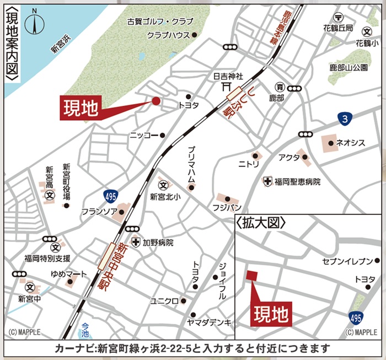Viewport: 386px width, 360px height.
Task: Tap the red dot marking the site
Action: click(x=156, y=101)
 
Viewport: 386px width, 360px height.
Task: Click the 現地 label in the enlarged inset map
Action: click(x=271, y=314)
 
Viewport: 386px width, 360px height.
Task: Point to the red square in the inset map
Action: click(x=251, y=276)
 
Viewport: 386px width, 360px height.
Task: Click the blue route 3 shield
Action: click(x=345, y=119)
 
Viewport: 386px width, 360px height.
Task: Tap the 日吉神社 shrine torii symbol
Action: click(x=226, y=87)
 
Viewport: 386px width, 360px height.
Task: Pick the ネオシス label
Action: click(x=351, y=143)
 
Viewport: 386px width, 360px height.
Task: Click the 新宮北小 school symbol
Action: click(x=163, y=184)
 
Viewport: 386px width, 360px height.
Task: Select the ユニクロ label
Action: click(x=164, y=301)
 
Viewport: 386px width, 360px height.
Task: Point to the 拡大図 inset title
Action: click(x=262, y=223)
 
